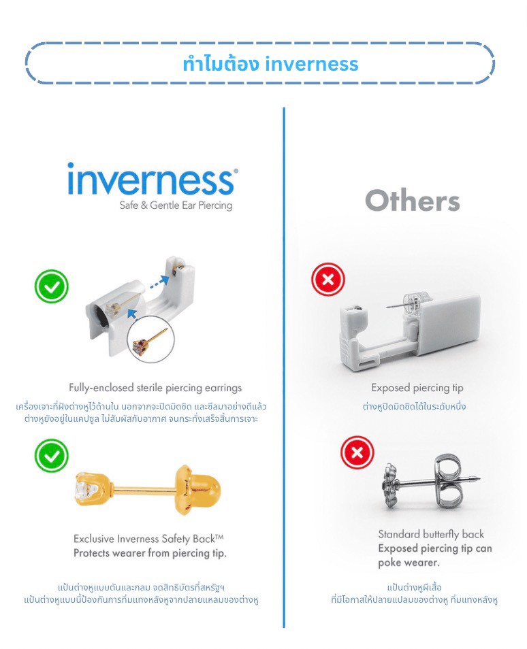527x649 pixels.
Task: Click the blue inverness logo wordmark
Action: (x=152, y=179)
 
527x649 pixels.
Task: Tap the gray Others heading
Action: (x=413, y=201)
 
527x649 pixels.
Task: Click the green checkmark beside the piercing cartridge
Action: (x=52, y=286)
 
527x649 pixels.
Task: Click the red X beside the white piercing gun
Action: (x=328, y=280)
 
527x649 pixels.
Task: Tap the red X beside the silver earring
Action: (x=357, y=452)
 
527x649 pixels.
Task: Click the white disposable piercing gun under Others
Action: (x=409, y=327)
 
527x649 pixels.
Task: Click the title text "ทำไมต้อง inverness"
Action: (x=270, y=64)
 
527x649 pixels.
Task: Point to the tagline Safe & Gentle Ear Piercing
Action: (x=176, y=205)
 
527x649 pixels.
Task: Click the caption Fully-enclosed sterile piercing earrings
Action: (x=155, y=388)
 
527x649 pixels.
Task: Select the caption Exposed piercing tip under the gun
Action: (x=417, y=388)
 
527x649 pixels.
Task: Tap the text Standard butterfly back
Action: (x=431, y=534)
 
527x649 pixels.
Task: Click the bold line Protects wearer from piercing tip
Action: (x=150, y=553)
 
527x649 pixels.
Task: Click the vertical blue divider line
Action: (x=284, y=367)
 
